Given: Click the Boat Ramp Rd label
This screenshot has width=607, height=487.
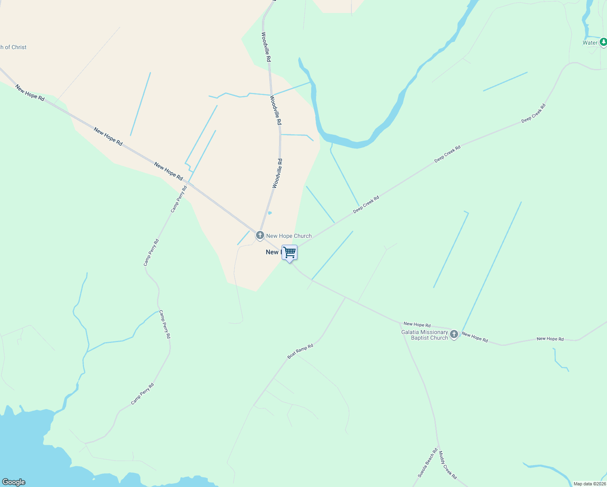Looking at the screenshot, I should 300,351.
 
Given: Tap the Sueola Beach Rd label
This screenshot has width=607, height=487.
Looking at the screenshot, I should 428,463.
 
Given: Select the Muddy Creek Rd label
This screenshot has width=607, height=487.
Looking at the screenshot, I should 448,465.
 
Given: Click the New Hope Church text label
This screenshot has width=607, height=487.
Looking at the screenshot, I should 289,236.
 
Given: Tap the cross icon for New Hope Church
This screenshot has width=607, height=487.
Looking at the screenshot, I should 260,235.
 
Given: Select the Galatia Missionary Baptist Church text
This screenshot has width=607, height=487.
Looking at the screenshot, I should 424,335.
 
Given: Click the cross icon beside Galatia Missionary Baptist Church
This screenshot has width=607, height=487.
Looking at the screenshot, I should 454,334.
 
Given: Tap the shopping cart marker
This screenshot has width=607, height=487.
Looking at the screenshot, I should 289,253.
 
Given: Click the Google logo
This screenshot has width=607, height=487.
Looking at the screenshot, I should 13,482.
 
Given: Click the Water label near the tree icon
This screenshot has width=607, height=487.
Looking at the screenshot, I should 590,43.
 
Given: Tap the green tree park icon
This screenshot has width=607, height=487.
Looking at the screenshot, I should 603,42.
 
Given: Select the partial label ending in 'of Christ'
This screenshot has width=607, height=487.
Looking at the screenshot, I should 13,47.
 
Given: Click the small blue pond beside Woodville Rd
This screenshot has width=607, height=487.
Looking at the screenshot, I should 269,213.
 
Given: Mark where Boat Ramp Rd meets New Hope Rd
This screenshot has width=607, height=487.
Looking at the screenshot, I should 345,297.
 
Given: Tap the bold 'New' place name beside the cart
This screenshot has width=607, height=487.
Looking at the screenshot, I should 272,252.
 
